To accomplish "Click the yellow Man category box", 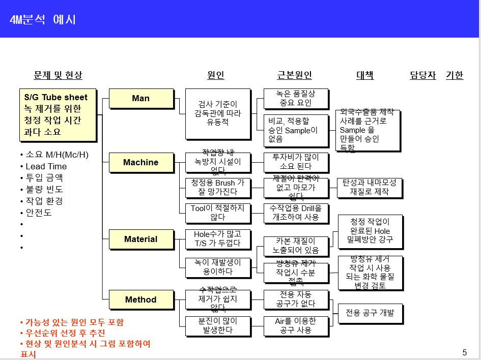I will (x=141, y=98).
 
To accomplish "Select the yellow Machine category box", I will (x=141, y=162).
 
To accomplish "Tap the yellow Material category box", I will (x=141, y=239).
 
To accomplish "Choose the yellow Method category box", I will (x=141, y=299).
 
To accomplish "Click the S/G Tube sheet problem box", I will (x=59, y=115).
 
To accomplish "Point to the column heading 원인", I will (x=216, y=75).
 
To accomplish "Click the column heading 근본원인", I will (x=295, y=75).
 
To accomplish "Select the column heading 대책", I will (x=365, y=75).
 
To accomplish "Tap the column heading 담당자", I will (x=423, y=75).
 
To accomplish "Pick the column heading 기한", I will (x=455, y=75).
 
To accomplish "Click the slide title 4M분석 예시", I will (x=43, y=20).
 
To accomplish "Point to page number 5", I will (x=464, y=352).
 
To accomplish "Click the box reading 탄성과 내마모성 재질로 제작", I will (x=370, y=188).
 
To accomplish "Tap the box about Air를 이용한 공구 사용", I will (x=296, y=325).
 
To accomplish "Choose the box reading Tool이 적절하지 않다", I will (x=218, y=213).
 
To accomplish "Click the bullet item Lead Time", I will (x=46, y=166).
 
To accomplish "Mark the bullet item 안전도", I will (x=39, y=213).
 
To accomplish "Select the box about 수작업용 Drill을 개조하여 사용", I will (x=296, y=213).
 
